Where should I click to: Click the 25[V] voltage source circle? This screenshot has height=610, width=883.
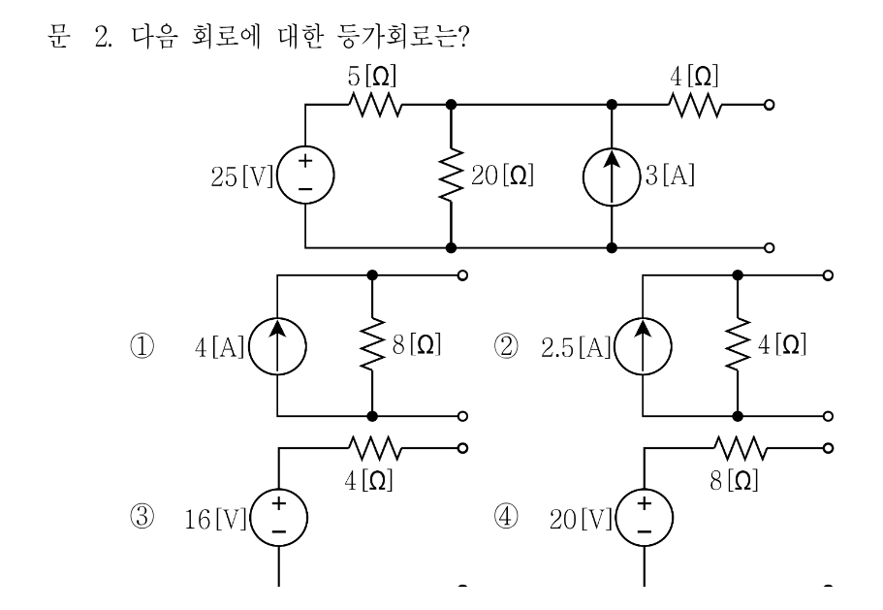(x=305, y=148)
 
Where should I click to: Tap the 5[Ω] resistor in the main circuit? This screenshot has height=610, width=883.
(x=376, y=105)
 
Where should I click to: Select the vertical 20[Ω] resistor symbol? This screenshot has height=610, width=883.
(x=451, y=176)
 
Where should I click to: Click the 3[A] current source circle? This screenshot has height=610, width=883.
(x=612, y=148)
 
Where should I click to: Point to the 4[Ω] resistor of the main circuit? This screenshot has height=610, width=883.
(x=694, y=106)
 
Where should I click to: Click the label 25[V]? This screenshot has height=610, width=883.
(x=241, y=177)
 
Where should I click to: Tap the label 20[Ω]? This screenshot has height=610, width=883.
(x=502, y=176)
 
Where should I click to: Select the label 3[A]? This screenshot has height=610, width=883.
(x=670, y=176)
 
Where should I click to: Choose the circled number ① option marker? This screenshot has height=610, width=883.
(x=142, y=346)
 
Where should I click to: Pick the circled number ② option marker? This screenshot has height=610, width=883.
(x=506, y=346)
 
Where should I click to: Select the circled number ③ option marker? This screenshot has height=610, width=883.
(x=142, y=517)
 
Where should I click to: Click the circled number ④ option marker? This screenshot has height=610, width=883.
(x=506, y=517)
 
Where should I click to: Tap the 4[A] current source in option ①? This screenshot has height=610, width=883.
(x=277, y=318)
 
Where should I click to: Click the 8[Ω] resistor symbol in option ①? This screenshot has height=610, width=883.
(x=371, y=344)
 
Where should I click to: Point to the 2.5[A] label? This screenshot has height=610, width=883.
(x=576, y=347)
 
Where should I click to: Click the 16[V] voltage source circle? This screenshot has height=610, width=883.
(x=279, y=490)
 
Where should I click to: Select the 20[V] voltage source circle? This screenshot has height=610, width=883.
(x=645, y=490)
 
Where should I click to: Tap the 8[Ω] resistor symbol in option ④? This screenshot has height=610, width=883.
(x=740, y=448)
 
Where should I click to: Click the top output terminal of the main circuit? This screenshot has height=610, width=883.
(x=770, y=105)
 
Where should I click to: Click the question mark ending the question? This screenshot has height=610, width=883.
(x=463, y=37)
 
